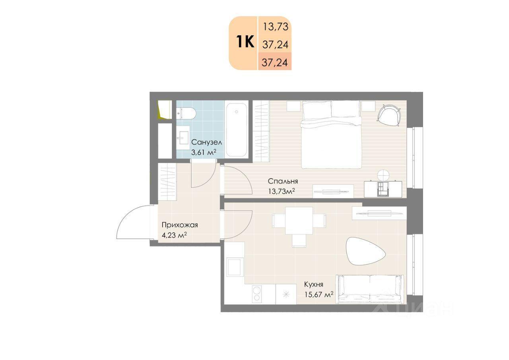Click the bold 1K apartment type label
point(245,42)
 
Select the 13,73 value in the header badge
point(276,27)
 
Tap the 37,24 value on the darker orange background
point(275,62)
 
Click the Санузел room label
point(206,142)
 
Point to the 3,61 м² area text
point(203,152)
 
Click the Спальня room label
point(283,181)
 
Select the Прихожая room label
point(180,225)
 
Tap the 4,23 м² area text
point(174,235)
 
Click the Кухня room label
point(314,284)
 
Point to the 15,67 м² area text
point(319,295)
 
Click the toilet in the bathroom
point(186,113)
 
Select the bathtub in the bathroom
point(237,130)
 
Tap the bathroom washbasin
point(183,138)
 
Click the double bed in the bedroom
point(331,134)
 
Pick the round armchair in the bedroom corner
point(389,115)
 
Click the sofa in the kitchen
point(370,289)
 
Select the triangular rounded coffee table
point(365,251)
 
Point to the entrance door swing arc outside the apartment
point(128,214)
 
